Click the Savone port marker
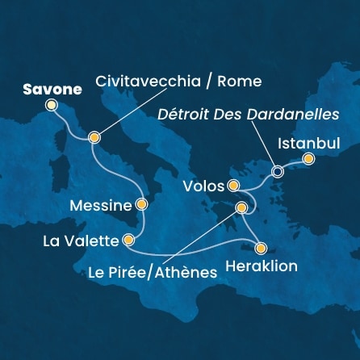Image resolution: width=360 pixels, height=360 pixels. coord(52,105)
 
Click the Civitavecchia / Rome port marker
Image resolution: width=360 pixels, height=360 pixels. coord(95,137)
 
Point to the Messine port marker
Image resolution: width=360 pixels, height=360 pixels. coord(142,205)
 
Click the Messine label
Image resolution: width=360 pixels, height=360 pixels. coord(100,206)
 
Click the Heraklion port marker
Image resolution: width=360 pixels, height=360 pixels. coord(260,248)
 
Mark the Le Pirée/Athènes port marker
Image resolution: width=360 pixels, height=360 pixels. coord(240,209)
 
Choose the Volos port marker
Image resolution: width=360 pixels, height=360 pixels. coord(234,186)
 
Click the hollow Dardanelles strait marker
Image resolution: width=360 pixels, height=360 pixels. coord(278,171)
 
